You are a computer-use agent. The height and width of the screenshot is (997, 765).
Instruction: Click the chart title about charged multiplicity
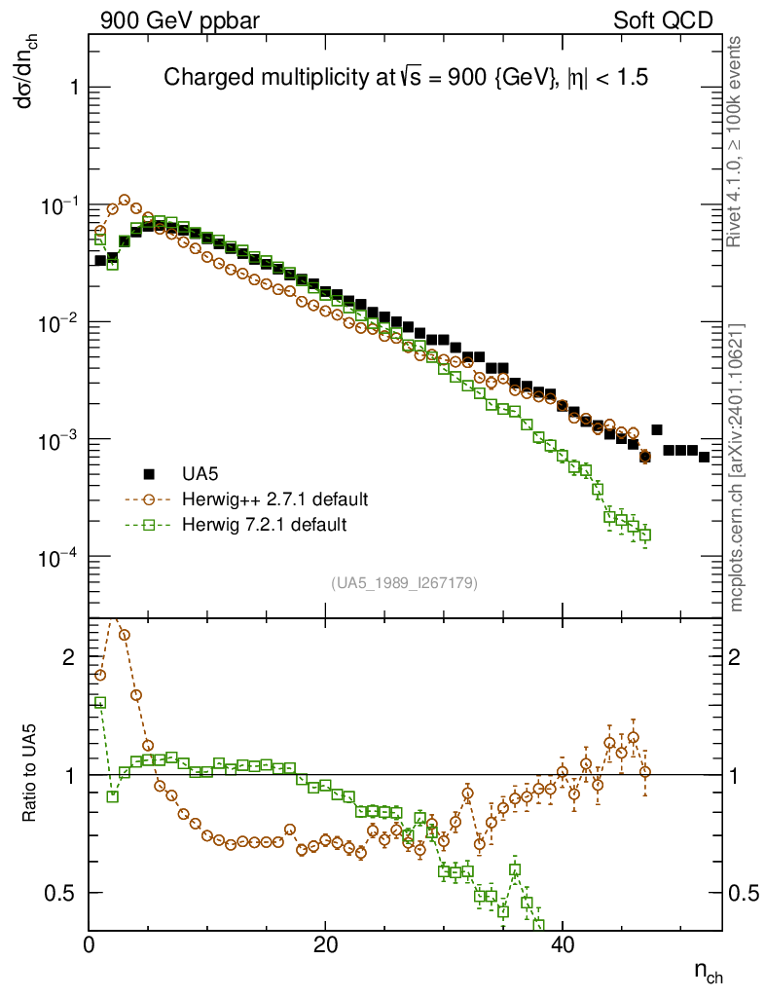point(406,77)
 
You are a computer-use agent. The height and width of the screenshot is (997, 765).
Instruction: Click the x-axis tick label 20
point(325,944)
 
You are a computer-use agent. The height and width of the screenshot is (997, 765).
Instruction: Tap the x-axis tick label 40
point(562,944)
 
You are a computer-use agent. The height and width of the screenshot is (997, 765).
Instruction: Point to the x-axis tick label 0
point(90,944)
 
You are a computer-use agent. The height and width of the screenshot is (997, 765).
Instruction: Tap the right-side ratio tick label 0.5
point(746,893)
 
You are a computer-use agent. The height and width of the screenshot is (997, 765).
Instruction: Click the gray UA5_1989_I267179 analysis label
point(405,583)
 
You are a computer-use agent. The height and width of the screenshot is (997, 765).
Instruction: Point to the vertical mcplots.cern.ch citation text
point(739,467)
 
